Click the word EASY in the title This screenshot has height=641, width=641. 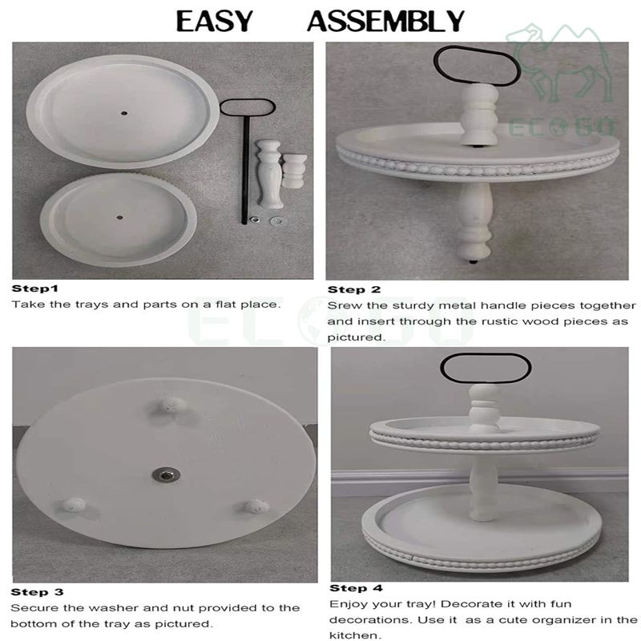click(x=215, y=22)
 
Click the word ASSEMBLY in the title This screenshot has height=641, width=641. click(x=386, y=22)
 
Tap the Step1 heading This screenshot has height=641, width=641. click(x=35, y=288)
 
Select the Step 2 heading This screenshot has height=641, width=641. click(x=354, y=290)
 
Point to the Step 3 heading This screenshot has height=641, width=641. click(x=37, y=592)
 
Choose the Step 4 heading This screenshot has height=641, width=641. click(x=356, y=588)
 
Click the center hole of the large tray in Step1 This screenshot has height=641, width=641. click(x=124, y=113)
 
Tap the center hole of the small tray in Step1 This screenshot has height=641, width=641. click(x=119, y=217)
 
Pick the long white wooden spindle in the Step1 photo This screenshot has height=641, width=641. click(x=269, y=174)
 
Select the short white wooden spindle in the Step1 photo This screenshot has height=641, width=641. click(x=294, y=171)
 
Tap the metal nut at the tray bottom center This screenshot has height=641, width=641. click(x=167, y=475)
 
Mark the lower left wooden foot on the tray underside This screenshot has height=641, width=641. click(x=75, y=506)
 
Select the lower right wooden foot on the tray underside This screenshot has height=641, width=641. click(x=256, y=506)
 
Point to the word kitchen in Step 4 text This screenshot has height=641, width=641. click(x=355, y=635)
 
